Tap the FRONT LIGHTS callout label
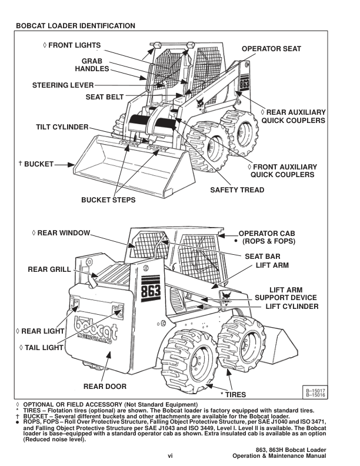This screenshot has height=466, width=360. point(72,45)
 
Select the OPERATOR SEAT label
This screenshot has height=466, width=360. point(271,49)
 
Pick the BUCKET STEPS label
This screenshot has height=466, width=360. point(108,200)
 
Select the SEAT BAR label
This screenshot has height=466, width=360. point(262,256)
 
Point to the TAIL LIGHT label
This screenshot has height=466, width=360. point(41,348)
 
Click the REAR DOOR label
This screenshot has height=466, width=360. point(105,386)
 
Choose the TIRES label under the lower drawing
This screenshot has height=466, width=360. point(233,394)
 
